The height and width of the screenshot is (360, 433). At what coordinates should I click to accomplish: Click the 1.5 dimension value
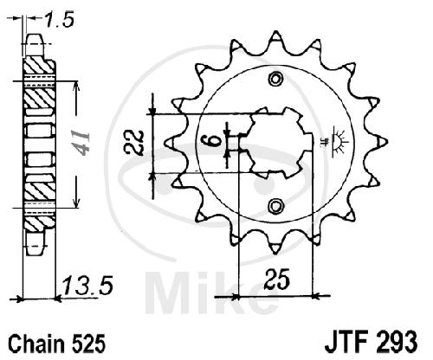click(x=60, y=20)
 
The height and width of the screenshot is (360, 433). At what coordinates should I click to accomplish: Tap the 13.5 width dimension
click(x=87, y=286)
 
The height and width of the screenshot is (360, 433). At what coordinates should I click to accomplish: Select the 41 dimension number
click(x=81, y=143)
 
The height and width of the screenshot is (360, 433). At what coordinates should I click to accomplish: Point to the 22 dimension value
click(x=134, y=144)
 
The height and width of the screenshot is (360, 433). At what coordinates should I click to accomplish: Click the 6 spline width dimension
click(x=214, y=141)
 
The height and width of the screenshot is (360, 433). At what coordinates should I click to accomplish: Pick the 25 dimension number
click(x=276, y=279)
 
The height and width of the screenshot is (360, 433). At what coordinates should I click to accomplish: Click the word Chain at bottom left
click(x=36, y=344)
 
